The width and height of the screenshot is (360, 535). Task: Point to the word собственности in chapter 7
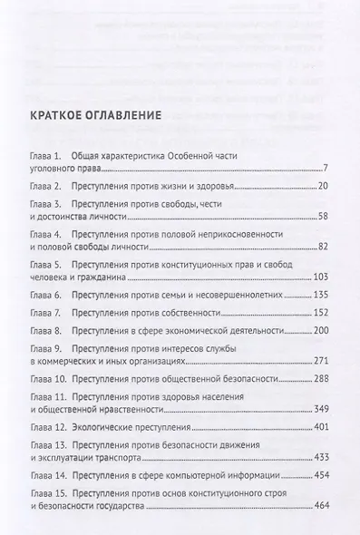(198, 312)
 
